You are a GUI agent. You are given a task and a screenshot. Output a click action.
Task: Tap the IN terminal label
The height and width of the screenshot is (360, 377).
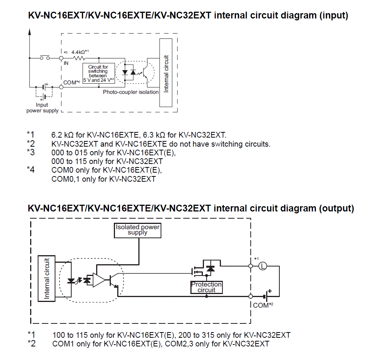pyautogui.click(x=66, y=63)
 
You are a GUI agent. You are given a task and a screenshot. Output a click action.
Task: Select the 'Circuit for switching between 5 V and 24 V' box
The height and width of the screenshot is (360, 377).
pyautogui.click(x=98, y=74)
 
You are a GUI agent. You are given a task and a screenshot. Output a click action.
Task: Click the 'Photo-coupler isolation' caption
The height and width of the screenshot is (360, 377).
pyautogui.click(x=131, y=92)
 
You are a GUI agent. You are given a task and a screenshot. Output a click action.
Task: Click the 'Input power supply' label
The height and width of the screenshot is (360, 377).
pyautogui.click(x=42, y=108)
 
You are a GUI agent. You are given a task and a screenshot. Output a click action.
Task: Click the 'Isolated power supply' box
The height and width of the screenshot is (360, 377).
pyautogui.click(x=138, y=230)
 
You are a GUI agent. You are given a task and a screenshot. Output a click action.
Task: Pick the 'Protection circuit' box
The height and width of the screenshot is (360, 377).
pyautogui.click(x=207, y=287)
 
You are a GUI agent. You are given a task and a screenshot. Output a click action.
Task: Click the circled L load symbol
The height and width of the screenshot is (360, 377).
pyautogui.click(x=263, y=266)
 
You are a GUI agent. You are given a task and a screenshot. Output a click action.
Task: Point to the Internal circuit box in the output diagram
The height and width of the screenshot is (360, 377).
pyautogui.click(x=47, y=279)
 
